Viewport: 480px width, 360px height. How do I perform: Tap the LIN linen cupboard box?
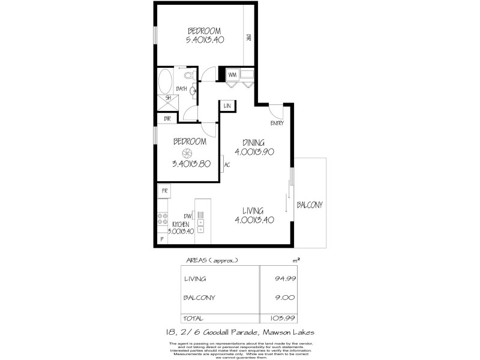click(x=227, y=106)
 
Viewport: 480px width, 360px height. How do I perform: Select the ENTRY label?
click(x=277, y=124)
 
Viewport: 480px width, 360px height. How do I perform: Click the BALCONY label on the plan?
click(x=310, y=205)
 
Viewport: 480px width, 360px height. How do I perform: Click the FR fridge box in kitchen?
click(x=163, y=191)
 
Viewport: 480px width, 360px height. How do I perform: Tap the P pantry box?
click(x=161, y=239)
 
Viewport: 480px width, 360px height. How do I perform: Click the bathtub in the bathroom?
click(x=165, y=80)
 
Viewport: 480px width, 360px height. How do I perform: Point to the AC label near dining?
click(x=227, y=165)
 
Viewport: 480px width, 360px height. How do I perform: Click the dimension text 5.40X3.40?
click(x=204, y=40)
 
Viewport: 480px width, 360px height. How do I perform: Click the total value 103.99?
click(x=281, y=318)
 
